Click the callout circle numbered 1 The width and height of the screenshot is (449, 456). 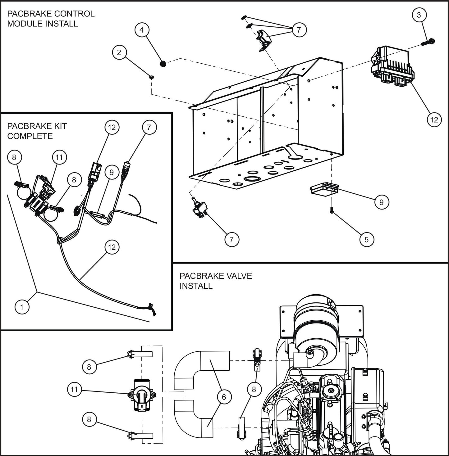[x=22, y=307]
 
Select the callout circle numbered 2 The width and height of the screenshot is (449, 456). [x=119, y=52]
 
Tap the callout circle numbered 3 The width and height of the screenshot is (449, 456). [x=419, y=15]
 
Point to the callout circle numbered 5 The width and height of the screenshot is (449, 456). [x=366, y=239]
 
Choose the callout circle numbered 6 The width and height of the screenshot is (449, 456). [x=224, y=397]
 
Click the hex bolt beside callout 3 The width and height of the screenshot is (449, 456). [x=428, y=41]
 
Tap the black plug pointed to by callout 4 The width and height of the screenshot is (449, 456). [x=163, y=64]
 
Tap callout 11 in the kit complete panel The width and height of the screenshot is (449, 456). [x=59, y=158]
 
